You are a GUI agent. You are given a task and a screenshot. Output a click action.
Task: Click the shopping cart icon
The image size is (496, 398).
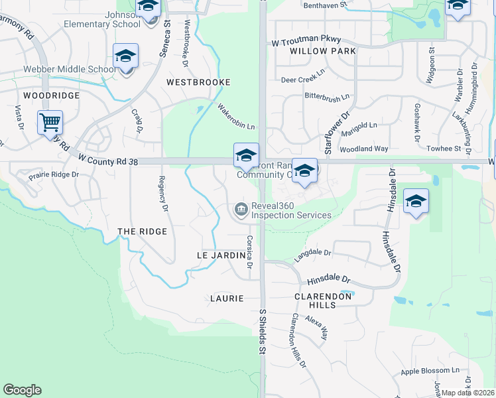point(50,122)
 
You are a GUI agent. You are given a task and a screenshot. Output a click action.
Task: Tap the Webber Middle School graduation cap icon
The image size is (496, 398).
point(125,56)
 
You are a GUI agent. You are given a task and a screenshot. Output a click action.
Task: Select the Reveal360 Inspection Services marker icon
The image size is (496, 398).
point(240,210)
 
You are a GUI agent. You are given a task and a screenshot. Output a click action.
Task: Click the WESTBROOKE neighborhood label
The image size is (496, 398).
point(198,82)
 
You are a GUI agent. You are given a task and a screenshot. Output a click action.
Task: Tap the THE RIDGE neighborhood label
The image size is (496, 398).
point(142,232)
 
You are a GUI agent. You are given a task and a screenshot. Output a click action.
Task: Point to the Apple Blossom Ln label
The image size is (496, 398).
point(430,370)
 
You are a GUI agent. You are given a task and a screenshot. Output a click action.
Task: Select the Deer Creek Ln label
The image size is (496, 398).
point(303,80)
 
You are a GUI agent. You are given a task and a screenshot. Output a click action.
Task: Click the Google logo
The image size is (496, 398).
point(22,390)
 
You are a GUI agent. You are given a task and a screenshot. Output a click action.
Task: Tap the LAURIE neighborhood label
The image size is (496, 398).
point(227,298)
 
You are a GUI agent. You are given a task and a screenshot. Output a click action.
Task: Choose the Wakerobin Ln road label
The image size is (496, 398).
point(237,117)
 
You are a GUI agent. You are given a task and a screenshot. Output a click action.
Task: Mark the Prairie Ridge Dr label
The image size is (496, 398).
point(54,175)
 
